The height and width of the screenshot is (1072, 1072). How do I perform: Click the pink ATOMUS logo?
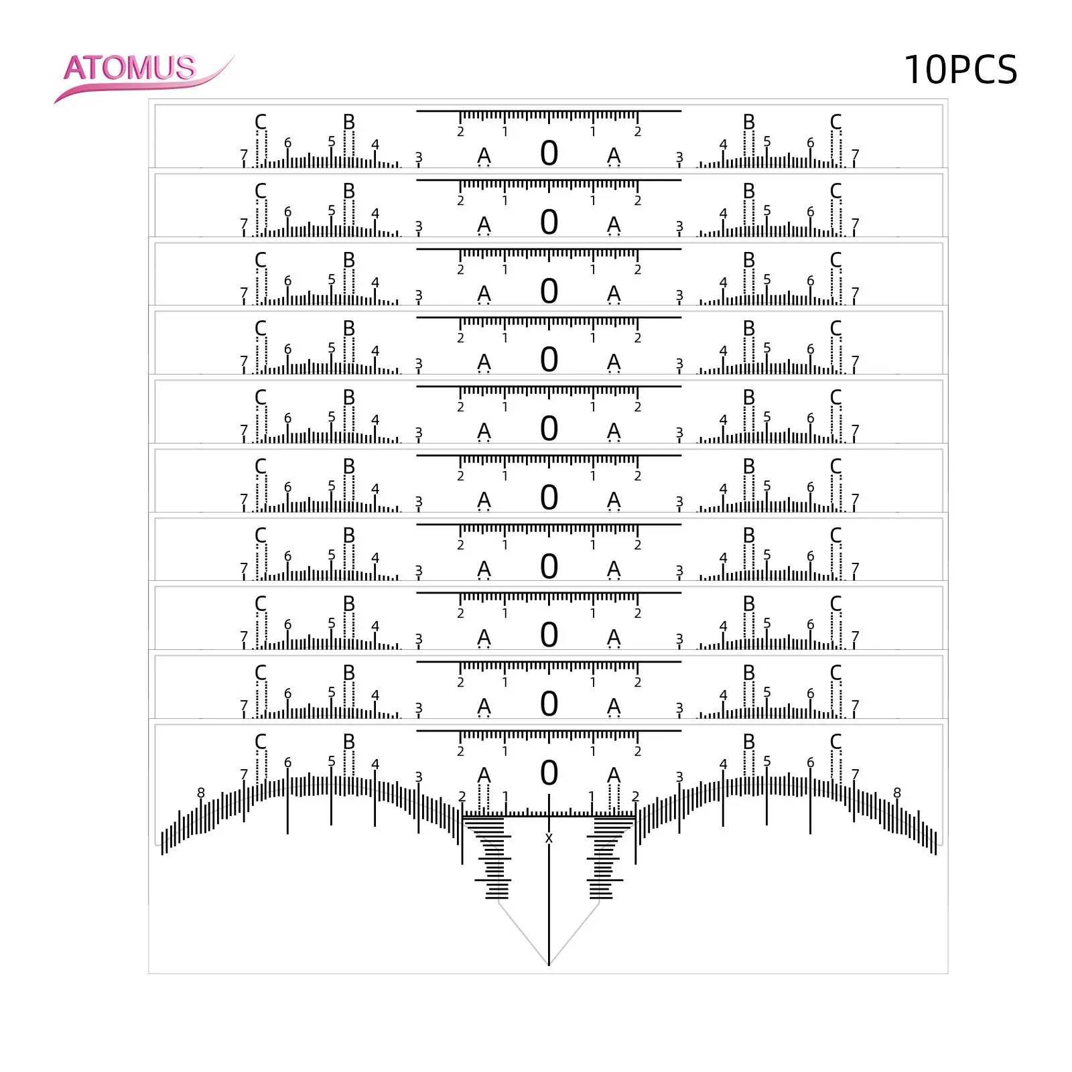(130, 68)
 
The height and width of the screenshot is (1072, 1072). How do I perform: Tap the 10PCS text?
(960, 70)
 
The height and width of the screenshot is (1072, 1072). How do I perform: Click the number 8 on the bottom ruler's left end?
(201, 793)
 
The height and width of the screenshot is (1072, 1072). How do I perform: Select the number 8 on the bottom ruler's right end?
(897, 793)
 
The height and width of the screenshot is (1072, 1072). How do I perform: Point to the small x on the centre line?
(549, 838)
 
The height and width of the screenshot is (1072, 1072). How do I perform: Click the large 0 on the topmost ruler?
(549, 153)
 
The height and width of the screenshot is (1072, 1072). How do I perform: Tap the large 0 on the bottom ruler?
(549, 773)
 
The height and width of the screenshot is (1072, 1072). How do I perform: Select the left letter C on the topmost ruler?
(261, 122)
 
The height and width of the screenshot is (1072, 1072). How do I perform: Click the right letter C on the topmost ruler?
(835, 122)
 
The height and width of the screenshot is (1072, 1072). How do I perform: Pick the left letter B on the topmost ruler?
(349, 122)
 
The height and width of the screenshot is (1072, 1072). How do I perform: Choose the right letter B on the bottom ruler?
(749, 742)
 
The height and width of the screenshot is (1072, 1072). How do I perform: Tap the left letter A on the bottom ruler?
(484, 775)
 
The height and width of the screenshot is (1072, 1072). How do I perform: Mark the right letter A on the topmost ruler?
(614, 155)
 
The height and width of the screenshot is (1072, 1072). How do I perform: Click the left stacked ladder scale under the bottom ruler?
(492, 858)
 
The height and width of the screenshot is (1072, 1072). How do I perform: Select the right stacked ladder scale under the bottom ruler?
(605, 858)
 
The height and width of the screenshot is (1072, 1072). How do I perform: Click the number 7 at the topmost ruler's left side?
(244, 155)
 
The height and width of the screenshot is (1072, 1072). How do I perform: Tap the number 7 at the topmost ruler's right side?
(855, 155)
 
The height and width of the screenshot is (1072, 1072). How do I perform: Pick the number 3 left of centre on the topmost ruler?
(419, 157)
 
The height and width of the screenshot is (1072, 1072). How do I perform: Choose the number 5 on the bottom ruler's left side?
(332, 761)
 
